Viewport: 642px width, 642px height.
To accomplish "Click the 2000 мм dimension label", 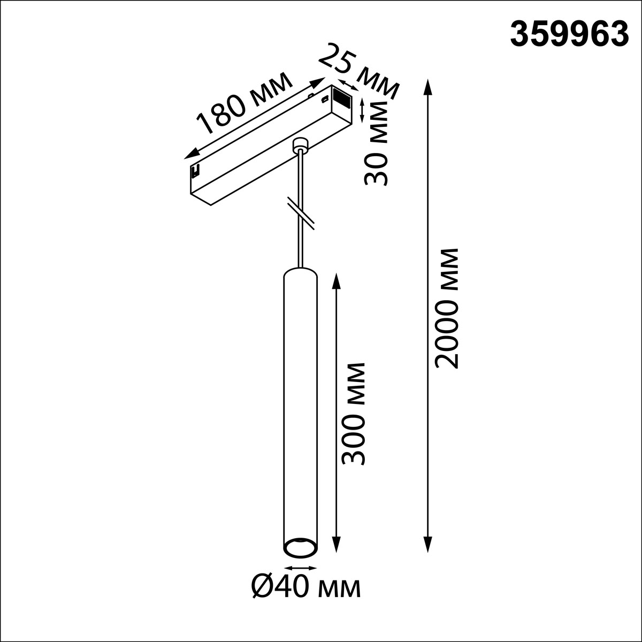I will point(446,308).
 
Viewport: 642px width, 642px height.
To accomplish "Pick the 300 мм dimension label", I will point(353,414).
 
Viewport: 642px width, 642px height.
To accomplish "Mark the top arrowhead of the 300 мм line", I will point(337,279).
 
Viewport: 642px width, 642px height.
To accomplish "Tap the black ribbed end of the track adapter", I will point(341,97).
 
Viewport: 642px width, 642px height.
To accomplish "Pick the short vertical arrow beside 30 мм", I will point(362,111).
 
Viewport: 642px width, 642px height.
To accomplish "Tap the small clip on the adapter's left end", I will point(195,171).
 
